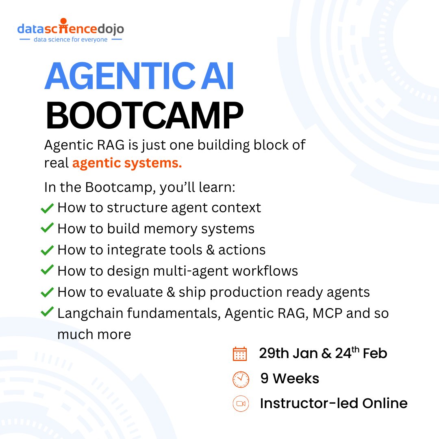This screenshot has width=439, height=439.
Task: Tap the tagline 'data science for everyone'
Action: pyautogui.click(x=70, y=40)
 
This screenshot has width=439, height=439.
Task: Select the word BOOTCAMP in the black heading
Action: pyautogui.click(x=144, y=117)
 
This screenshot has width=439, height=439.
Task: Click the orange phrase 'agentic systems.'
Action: pyautogui.click(x=127, y=163)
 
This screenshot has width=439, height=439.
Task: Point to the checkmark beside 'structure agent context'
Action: pyautogui.click(x=48, y=208)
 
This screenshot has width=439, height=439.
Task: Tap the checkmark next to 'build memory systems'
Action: pyautogui.click(x=48, y=229)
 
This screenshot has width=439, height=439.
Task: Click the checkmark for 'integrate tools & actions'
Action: pyautogui.click(x=48, y=250)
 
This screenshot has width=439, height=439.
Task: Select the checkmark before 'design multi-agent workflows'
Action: pyautogui.click(x=48, y=271)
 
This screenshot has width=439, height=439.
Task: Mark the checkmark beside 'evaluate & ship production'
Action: pyautogui.click(x=48, y=292)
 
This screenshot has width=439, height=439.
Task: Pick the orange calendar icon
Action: pyautogui.click(x=240, y=354)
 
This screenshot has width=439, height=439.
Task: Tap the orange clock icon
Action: pyautogui.click(x=240, y=379)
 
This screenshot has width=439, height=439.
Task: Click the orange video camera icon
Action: pyautogui.click(x=240, y=404)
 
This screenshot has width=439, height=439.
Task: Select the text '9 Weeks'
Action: pyautogui.click(x=290, y=379)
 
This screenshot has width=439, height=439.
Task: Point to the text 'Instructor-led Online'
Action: pyautogui.click(x=333, y=404)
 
